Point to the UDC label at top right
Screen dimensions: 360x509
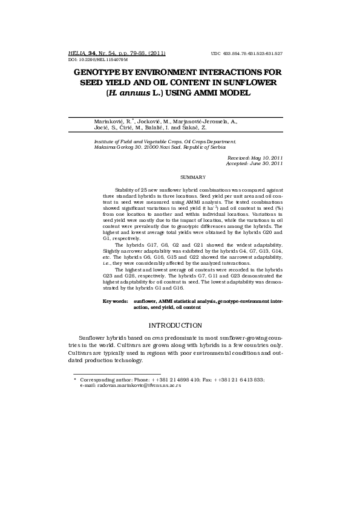coord(215,54)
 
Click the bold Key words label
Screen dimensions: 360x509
coord(115,300)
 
